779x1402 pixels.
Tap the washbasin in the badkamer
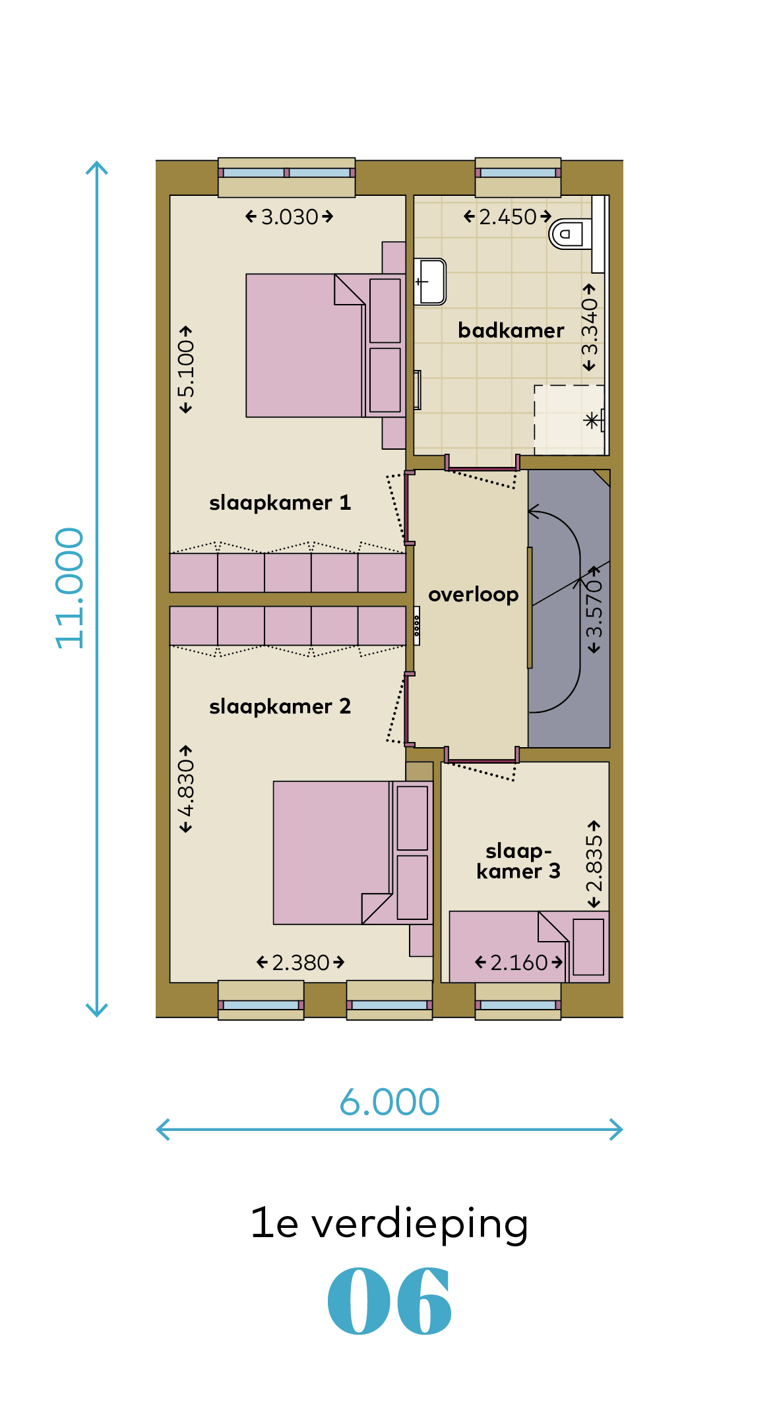(430, 282)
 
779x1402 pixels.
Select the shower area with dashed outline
(569, 420)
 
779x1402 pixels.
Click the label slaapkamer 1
(280, 503)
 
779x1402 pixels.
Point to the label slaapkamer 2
(280, 707)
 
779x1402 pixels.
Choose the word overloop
(474, 595)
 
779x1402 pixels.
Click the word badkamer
(511, 330)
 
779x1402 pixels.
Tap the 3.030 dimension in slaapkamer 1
(290, 217)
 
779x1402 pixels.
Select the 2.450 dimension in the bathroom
(508, 217)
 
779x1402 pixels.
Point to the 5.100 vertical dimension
(186, 369)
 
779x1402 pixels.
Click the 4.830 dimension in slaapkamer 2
(186, 789)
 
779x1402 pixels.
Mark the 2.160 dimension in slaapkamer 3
(519, 963)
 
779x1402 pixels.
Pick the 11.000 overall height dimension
(70, 588)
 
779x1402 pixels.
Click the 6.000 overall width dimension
(389, 1102)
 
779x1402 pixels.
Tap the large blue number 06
(390, 1300)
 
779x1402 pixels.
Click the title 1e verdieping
(390, 1224)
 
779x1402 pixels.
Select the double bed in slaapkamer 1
(326, 346)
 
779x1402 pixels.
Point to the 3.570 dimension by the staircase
(594, 609)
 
